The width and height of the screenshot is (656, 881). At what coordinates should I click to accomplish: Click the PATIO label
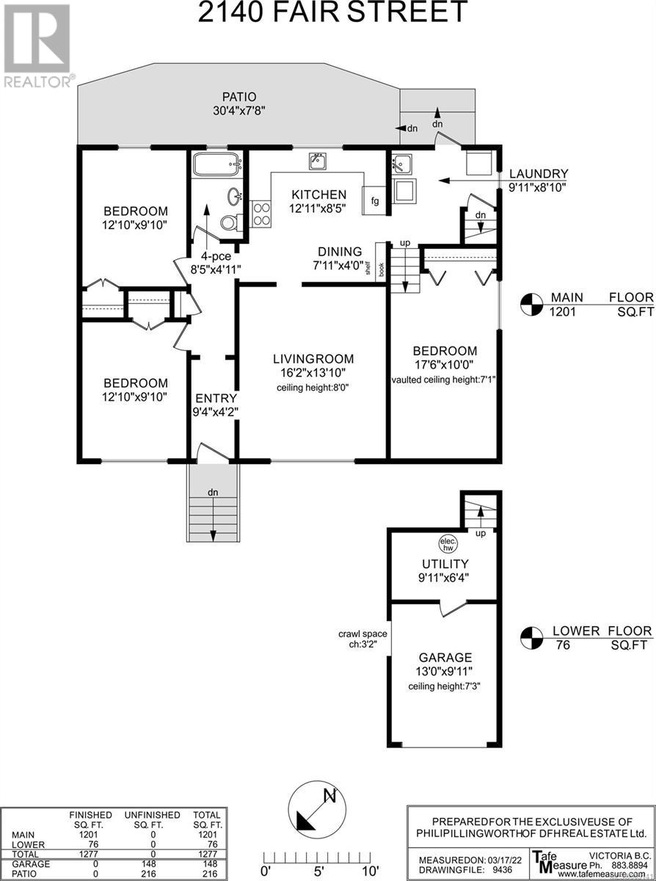click(x=239, y=96)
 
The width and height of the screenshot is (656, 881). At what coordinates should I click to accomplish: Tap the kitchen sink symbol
click(x=317, y=162)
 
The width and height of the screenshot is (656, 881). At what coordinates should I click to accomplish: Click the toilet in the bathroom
click(x=230, y=222)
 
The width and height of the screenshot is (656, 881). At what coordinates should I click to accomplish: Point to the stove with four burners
click(x=261, y=214)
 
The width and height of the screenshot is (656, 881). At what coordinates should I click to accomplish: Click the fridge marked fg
click(x=374, y=200)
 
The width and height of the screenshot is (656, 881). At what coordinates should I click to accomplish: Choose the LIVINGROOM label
click(x=313, y=359)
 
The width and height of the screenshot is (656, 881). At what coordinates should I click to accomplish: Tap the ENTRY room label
click(x=216, y=398)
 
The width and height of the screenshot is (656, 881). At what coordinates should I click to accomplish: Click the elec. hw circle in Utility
click(x=448, y=544)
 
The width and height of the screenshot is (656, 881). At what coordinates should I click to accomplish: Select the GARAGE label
click(x=445, y=657)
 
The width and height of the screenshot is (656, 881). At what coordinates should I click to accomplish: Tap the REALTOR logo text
click(x=37, y=81)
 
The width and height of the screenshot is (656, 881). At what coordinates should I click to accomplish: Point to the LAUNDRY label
click(x=539, y=173)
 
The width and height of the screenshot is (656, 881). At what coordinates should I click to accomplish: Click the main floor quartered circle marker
click(x=531, y=305)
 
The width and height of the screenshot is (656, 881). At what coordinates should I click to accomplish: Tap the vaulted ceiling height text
click(x=443, y=380)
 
